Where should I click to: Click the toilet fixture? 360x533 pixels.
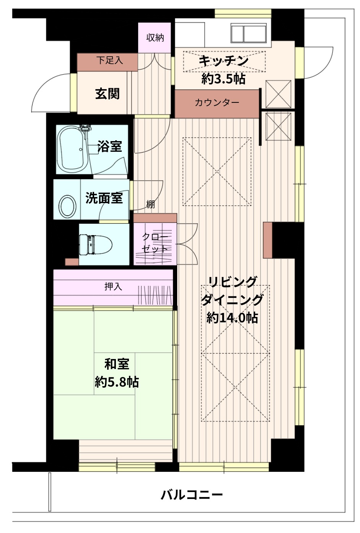click(x=96, y=244)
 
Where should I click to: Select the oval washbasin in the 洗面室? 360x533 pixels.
click(x=67, y=206)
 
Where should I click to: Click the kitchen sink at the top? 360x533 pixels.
click(x=248, y=33)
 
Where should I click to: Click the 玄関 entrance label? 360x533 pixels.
click(x=108, y=94)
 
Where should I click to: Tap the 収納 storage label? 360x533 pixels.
click(x=155, y=37)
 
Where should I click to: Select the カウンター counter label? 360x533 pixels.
click(x=217, y=102)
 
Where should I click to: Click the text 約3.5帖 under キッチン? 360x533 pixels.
click(x=223, y=79)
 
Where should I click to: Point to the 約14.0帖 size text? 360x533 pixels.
click(x=232, y=317)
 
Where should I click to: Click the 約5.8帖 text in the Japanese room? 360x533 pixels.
click(x=117, y=382)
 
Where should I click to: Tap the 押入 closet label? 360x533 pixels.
click(x=113, y=287)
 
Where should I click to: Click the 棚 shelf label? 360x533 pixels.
click(x=150, y=204)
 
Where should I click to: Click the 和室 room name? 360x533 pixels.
click(x=117, y=364)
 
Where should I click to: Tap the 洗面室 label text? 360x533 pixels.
click(x=104, y=198)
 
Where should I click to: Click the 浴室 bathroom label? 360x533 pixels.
click(x=110, y=146)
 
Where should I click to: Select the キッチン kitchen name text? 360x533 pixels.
click(x=223, y=61)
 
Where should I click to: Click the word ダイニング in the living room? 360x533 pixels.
click(x=232, y=300)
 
